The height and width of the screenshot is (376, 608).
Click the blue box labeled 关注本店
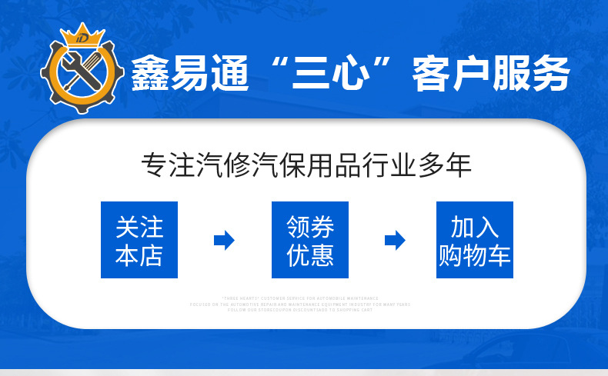click(139, 240)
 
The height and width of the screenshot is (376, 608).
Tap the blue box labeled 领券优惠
click(310, 240)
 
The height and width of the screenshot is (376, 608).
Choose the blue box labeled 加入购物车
click(475, 240)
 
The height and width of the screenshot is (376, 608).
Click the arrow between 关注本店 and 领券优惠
click(224, 240)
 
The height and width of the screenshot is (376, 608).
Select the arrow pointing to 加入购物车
click(395, 240)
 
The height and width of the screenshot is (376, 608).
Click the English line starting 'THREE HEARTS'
click(299, 298)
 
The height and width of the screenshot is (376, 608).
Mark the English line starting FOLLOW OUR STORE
click(299, 310)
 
